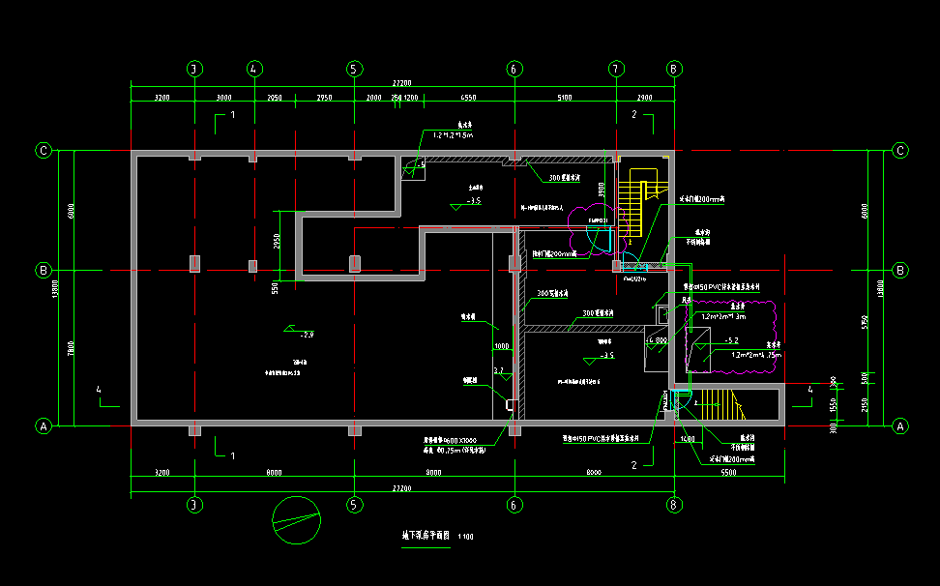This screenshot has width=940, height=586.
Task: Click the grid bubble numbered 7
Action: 615,69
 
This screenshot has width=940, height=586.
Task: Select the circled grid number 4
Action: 254,69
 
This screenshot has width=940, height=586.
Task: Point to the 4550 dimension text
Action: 469,98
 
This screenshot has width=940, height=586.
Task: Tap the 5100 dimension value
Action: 565,98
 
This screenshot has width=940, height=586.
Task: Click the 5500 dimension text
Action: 727,472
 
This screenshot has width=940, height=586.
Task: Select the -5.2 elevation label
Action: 731,340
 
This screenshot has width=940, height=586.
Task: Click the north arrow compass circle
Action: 297,520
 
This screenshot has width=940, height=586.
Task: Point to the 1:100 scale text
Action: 466,536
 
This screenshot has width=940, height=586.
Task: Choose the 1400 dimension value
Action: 688,440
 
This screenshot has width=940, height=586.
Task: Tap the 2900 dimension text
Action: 644,98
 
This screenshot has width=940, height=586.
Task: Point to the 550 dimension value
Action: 276,287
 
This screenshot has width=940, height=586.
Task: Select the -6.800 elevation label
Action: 657,341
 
